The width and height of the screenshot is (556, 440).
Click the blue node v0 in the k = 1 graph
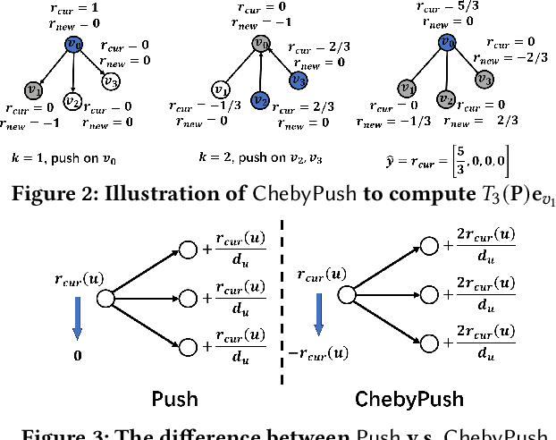[74, 44]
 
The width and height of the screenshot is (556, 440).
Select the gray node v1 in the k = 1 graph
[34, 89]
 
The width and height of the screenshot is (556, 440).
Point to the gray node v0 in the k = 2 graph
[261, 43]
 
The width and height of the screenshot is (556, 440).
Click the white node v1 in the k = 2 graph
[221, 89]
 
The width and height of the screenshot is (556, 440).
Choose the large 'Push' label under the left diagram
[176, 398]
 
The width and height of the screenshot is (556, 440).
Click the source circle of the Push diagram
[105, 298]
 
